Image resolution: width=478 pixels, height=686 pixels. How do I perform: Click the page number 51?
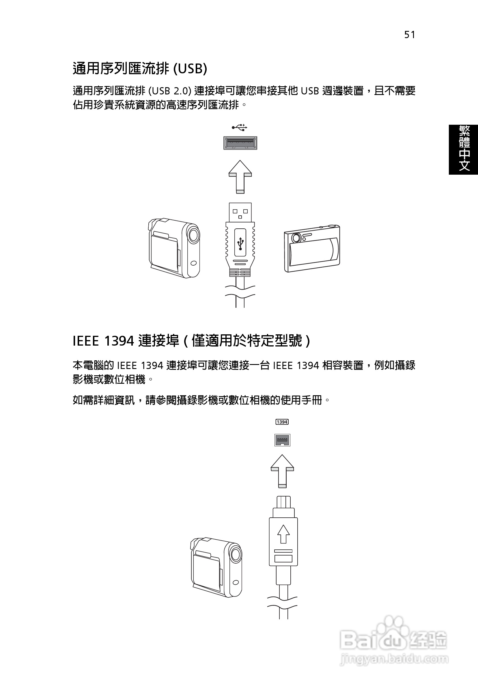tap(410, 35)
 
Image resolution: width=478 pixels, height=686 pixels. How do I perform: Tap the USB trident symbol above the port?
tap(240, 128)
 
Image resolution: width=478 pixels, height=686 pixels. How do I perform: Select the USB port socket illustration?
tap(240, 143)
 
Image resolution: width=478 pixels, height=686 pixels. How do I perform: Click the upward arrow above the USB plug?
tap(240, 176)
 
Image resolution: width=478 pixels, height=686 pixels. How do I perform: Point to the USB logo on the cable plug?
tap(240, 243)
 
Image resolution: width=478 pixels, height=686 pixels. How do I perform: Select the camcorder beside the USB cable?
tap(174, 248)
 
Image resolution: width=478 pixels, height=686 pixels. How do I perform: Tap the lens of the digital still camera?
tap(296, 238)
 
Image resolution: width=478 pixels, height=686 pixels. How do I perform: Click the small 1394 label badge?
tap(282, 422)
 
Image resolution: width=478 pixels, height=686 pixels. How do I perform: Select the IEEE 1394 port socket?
tap(282, 440)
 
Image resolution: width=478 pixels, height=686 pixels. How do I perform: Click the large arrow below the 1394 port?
tap(282, 471)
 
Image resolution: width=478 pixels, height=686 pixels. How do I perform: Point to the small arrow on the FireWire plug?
tap(283, 534)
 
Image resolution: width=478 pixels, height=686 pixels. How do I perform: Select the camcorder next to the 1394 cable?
tap(216, 567)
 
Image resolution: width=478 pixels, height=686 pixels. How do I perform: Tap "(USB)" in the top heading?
tap(190, 68)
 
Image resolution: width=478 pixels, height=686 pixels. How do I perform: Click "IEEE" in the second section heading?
tap(86, 341)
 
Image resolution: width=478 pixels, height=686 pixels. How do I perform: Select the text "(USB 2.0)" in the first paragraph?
tap(170, 91)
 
